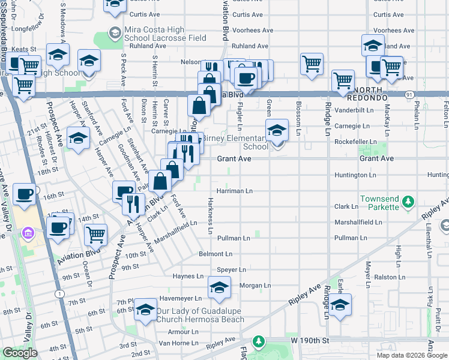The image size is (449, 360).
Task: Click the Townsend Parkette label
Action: [x=379, y=203]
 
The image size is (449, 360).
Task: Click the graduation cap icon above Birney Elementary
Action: [x=277, y=130]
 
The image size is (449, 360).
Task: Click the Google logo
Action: [x=20, y=353]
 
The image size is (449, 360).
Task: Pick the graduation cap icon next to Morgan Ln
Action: [x=220, y=287]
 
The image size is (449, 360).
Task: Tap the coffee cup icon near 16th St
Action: [x=24, y=194]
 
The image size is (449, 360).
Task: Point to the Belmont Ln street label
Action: [x=215, y=254]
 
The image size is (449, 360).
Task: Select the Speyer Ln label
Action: [x=231, y=270]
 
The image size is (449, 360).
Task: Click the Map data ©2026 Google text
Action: [x=411, y=355]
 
